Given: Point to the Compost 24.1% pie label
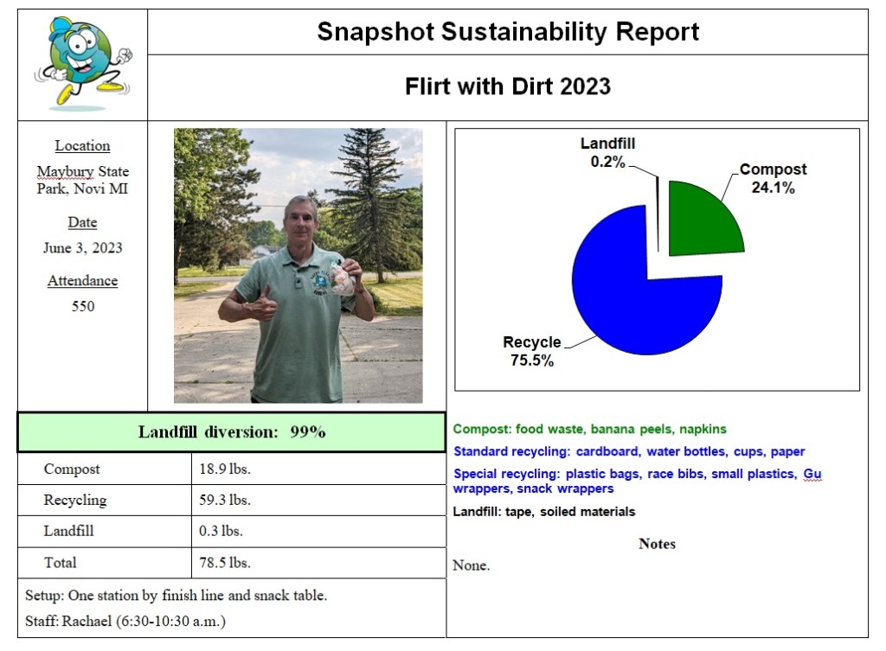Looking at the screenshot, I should [773, 178].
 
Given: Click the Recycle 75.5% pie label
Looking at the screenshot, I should [532, 351].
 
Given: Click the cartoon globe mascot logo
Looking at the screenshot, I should [83, 61].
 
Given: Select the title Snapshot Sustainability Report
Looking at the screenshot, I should [508, 32].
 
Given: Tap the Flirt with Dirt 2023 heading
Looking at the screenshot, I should [508, 86].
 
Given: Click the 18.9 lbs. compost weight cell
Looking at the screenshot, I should [226, 469].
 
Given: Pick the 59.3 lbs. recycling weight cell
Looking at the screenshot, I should [226, 501].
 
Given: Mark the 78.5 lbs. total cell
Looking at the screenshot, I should [226, 563].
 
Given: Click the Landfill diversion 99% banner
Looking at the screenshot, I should [232, 432].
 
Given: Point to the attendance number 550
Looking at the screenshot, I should [83, 306].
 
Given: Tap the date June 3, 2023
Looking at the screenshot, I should [83, 248].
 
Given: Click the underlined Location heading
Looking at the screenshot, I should [83, 146].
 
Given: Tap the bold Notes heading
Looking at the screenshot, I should [657, 544].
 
